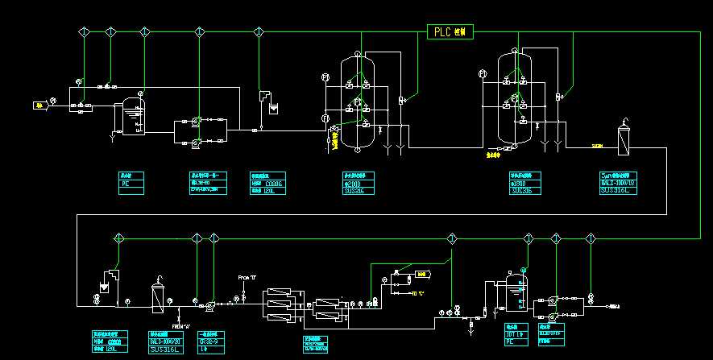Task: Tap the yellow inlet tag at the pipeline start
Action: [38, 105]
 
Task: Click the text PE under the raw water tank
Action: [125, 184]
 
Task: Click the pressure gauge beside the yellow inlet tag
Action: [53, 101]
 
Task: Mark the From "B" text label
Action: [247, 278]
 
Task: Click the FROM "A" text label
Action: [180, 326]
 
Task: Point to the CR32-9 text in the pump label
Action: [209, 341]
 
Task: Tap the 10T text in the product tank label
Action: [512, 334]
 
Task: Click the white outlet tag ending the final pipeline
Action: [614, 307]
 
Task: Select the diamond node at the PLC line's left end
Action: [83, 31]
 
